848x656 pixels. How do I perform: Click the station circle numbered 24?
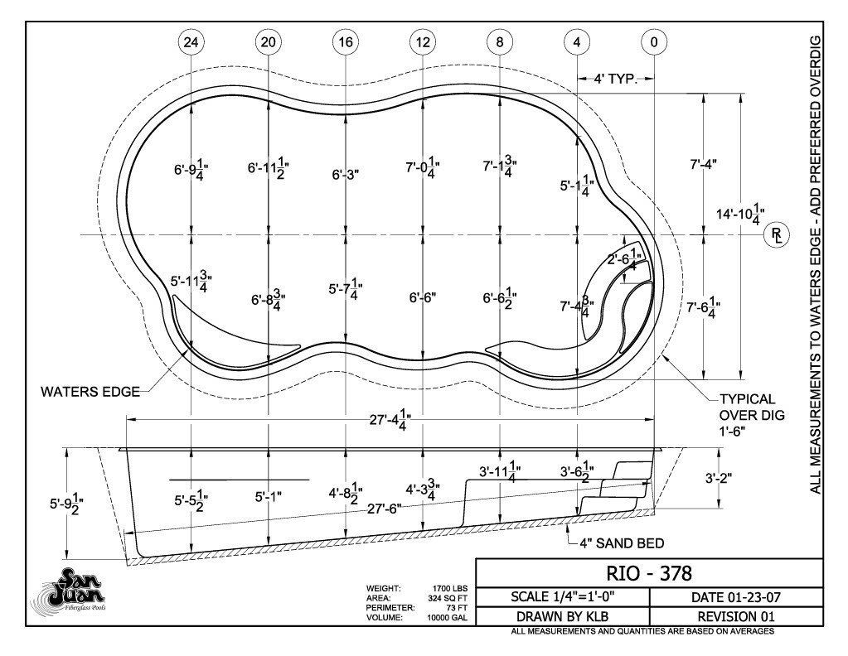coord(191,42)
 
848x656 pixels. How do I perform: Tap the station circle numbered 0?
coord(654,42)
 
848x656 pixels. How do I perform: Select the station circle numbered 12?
coord(423,42)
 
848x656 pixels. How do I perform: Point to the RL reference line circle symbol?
coord(777,235)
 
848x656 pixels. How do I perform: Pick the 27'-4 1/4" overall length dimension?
coord(390,420)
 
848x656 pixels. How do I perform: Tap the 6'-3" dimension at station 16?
coord(346,175)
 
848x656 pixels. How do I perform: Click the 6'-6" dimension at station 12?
coord(423,297)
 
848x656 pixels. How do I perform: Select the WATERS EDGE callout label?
coord(90,391)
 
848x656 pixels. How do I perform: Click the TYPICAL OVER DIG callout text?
coord(751,415)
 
